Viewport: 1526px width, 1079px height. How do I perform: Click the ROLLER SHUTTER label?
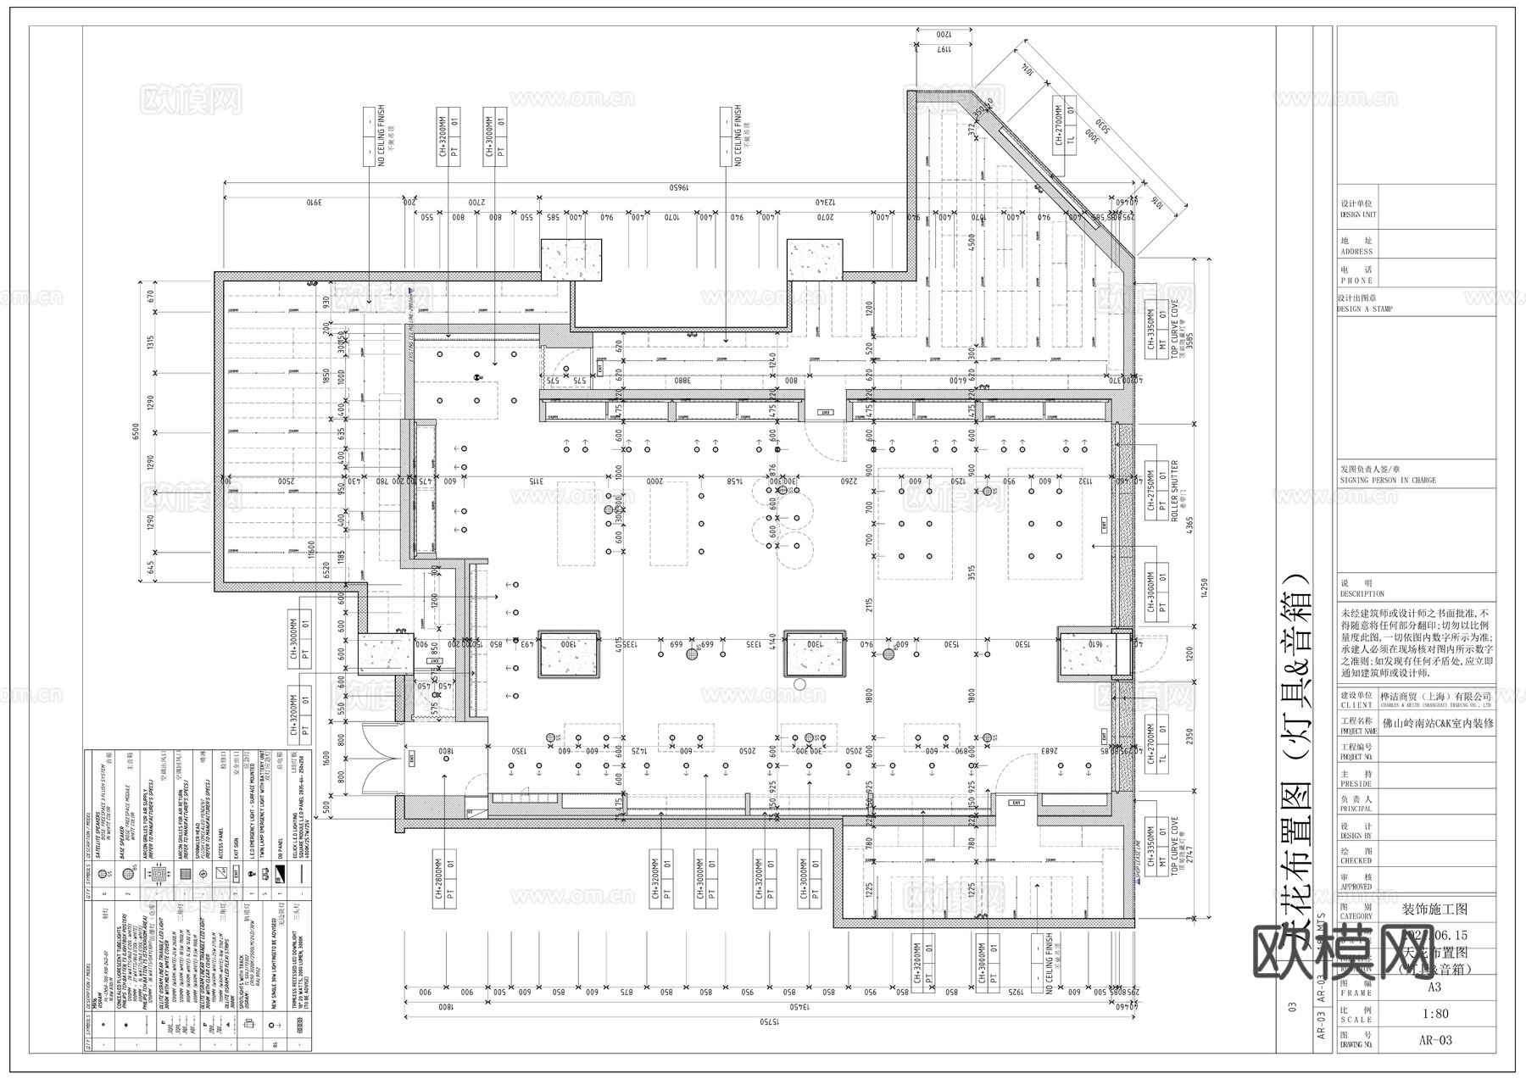[x=1175, y=490]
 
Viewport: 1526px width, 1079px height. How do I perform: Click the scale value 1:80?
[x=1434, y=1012]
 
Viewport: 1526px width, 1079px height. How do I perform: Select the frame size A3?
[x=1434, y=987]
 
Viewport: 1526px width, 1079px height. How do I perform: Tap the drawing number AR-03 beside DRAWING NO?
[x=1434, y=1040]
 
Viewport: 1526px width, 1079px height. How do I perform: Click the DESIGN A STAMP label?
[x=1364, y=309]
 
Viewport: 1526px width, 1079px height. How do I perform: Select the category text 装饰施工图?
[x=1435, y=909]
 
